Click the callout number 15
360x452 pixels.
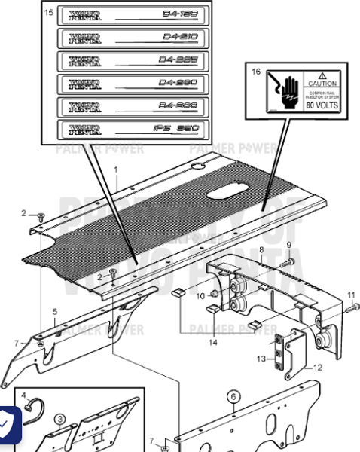click(49, 14)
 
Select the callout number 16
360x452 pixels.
click(256, 72)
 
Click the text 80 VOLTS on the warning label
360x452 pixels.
click(322, 105)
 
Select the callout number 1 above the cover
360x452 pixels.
click(116, 170)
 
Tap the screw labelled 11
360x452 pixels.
click(352, 307)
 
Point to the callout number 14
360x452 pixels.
click(213, 343)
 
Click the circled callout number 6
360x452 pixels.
click(233, 396)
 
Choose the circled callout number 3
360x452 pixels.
click(59, 420)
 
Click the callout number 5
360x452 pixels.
click(54, 311)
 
